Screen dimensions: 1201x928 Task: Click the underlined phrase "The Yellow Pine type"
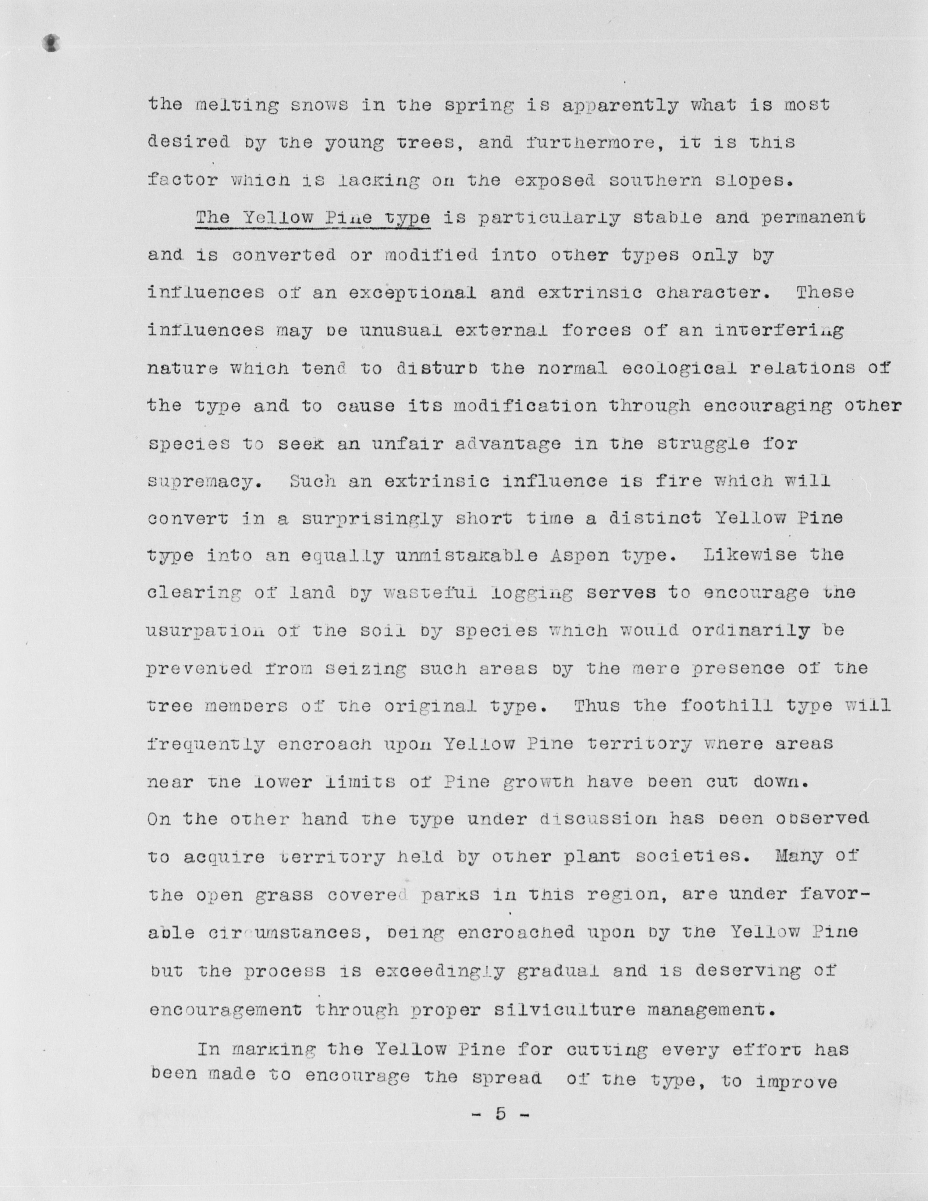pos(313,218)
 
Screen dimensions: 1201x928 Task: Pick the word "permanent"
pos(814,218)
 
